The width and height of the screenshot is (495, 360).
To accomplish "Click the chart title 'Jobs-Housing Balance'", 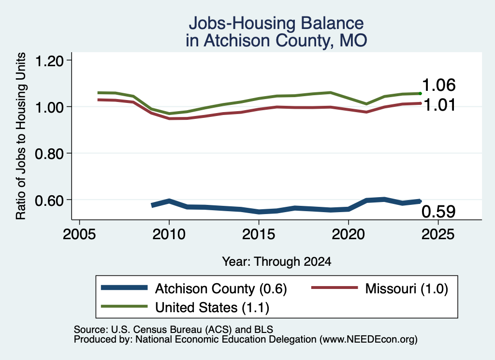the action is tap(276, 23).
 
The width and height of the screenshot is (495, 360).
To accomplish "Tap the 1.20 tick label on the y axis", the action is tap(49, 61).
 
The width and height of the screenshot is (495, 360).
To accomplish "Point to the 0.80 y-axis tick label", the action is tap(49, 154).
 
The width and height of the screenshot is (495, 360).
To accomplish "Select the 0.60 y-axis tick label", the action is tap(49, 201).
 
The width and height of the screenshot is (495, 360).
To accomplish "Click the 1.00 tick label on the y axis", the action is tap(49, 108).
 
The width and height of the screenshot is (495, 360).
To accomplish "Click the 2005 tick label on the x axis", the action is tap(79, 234).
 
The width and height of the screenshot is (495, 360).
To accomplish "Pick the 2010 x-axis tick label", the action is tap(169, 234).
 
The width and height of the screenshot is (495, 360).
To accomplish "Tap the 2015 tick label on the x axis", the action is tap(259, 234).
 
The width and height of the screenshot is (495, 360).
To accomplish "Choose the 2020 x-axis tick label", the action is tap(348, 234).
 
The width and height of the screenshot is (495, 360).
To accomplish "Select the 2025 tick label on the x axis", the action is tap(438, 234).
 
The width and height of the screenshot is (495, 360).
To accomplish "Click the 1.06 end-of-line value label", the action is tap(439, 85).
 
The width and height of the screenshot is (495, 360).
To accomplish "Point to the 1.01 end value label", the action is tap(439, 105).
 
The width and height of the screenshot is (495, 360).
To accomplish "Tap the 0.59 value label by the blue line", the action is tap(438, 211).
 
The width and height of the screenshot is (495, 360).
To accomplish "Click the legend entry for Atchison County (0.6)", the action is tap(194, 288).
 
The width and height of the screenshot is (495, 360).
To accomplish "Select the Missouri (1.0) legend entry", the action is tap(380, 288).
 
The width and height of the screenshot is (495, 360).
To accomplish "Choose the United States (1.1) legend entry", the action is tap(185, 307).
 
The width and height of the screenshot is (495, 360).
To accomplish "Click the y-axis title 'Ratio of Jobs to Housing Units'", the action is tap(21, 136).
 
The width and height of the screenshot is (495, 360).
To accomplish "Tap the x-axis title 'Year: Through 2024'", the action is tap(277, 261).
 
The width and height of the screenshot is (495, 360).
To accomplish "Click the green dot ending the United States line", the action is tap(420, 93).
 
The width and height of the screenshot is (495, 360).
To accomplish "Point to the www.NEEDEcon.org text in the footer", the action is tap(368, 339).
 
